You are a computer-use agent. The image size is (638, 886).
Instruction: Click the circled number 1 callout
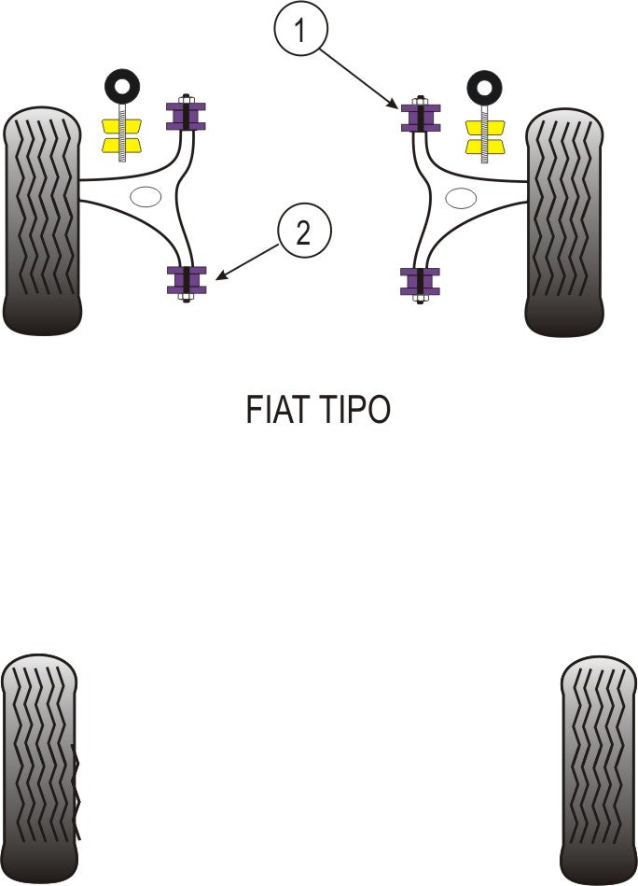click(299, 32)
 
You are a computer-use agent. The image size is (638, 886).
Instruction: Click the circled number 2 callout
click(302, 232)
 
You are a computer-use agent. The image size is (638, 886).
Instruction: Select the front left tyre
click(42, 222)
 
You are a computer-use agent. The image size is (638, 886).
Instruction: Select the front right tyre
click(563, 222)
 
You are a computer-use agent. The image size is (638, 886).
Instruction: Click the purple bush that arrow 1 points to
click(421, 116)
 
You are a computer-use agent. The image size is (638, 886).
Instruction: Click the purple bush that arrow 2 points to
click(186, 279)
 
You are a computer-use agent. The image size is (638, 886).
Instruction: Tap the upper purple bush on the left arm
click(186, 116)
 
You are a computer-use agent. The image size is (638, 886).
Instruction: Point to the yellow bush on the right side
click(484, 135)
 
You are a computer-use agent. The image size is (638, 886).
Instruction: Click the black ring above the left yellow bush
click(120, 87)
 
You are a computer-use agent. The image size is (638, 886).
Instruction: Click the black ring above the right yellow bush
click(484, 87)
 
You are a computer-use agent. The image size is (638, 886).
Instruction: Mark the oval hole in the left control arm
click(146, 197)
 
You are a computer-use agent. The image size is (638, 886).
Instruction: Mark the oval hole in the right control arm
click(460, 197)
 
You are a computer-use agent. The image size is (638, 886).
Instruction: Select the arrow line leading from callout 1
click(359, 77)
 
